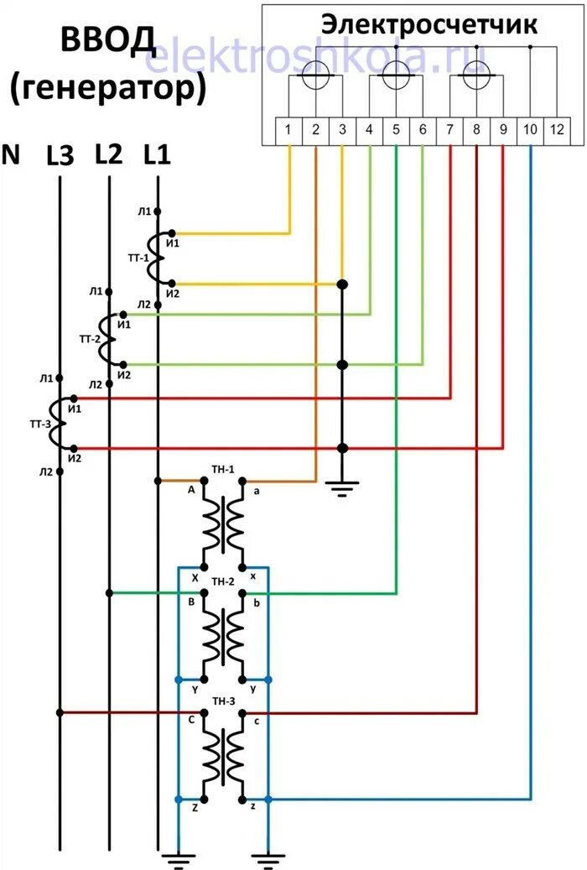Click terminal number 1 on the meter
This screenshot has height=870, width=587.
[288, 130]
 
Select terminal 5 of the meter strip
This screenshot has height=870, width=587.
[396, 130]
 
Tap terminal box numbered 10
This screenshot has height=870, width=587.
[530, 130]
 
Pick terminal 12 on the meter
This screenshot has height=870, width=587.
[558, 130]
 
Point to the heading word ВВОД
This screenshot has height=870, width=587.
[108, 40]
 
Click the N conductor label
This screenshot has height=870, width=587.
[12, 154]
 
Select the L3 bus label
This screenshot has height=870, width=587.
[60, 156]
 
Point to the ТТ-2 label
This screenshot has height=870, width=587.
[90, 339]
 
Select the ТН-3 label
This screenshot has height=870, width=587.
[222, 701]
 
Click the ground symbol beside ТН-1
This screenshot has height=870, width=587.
[341, 486]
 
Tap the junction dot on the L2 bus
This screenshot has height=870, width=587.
[109, 592]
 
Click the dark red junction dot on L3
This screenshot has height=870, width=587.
[60, 713]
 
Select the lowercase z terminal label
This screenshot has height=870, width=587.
[253, 806]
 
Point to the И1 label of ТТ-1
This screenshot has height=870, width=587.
[172, 242]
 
